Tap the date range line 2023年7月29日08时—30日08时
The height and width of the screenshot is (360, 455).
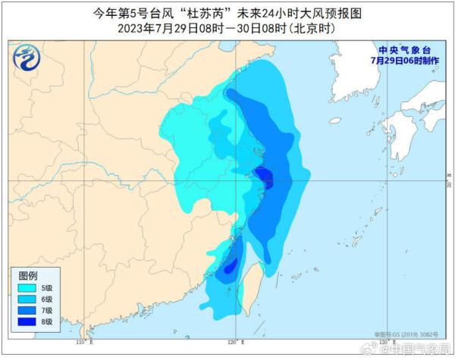coord(227,28)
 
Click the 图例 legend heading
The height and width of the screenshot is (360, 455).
coord(28,274)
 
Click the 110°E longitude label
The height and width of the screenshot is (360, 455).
coord(84,343)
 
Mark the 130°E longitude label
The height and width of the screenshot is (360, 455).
coord(387,343)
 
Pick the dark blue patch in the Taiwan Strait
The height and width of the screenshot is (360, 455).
coord(230,266)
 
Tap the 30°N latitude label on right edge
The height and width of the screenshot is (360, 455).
coord(449,183)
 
